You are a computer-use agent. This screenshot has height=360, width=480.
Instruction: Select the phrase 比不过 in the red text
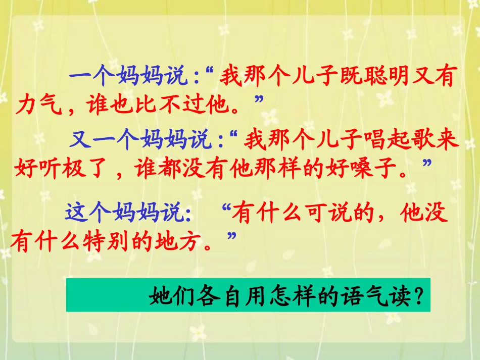click(x=178, y=105)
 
